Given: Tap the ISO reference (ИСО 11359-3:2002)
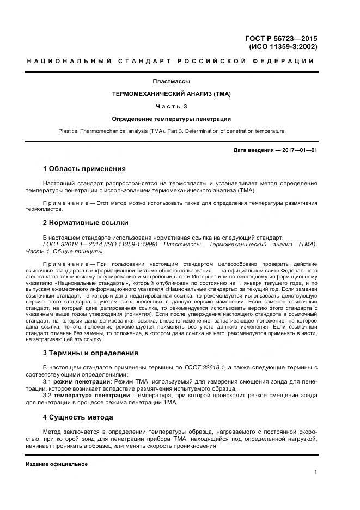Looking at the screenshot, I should click(x=283, y=47).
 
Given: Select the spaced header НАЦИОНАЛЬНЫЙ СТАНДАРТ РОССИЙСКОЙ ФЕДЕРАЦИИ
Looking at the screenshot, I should click(x=171, y=61).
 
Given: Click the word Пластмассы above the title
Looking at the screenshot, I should click(x=171, y=82).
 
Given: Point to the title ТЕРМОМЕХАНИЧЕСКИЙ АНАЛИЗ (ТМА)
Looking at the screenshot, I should click(x=171, y=94).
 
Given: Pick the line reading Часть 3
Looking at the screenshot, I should click(x=171, y=106).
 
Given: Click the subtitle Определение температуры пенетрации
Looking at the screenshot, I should click(x=171, y=119).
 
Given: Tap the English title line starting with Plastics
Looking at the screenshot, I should click(x=171, y=131).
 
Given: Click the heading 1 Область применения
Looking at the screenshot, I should click(x=84, y=169).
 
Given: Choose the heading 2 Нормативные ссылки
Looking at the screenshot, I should click(x=86, y=223).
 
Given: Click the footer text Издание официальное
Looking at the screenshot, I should click(x=56, y=464).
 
